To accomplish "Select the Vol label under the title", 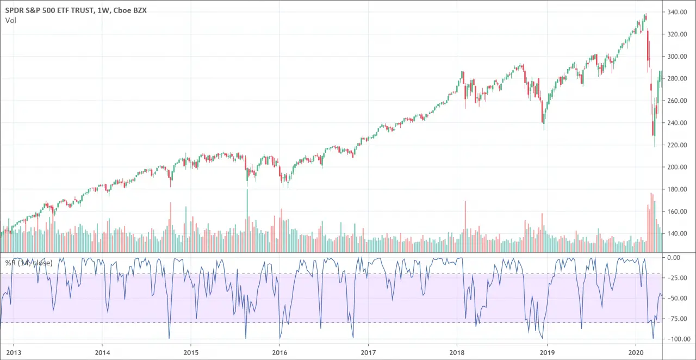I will [x=10, y=21].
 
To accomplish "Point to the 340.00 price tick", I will [x=679, y=12].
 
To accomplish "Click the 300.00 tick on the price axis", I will [x=679, y=57].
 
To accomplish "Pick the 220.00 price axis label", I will [x=679, y=145].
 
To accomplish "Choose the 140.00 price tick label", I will [x=679, y=234].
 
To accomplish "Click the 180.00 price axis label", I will [x=679, y=189].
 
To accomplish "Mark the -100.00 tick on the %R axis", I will [x=678, y=339].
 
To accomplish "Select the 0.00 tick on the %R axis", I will [x=680, y=257].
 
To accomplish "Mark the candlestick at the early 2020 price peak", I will [x=645, y=17].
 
